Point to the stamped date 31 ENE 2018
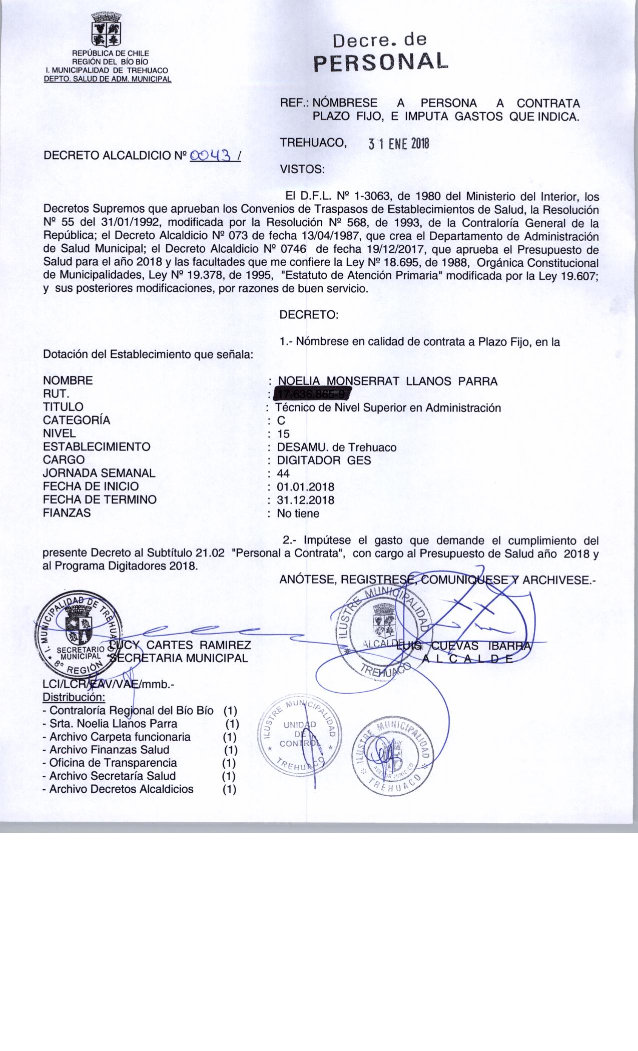pyautogui.click(x=399, y=144)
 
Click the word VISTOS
pyautogui.click(x=302, y=169)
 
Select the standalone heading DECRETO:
pyautogui.click(x=309, y=315)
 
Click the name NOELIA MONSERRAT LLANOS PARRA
pyautogui.click(x=388, y=381)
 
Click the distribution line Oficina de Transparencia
pyautogui.click(x=113, y=763)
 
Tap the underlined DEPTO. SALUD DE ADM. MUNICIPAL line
pyautogui.click(x=108, y=79)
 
